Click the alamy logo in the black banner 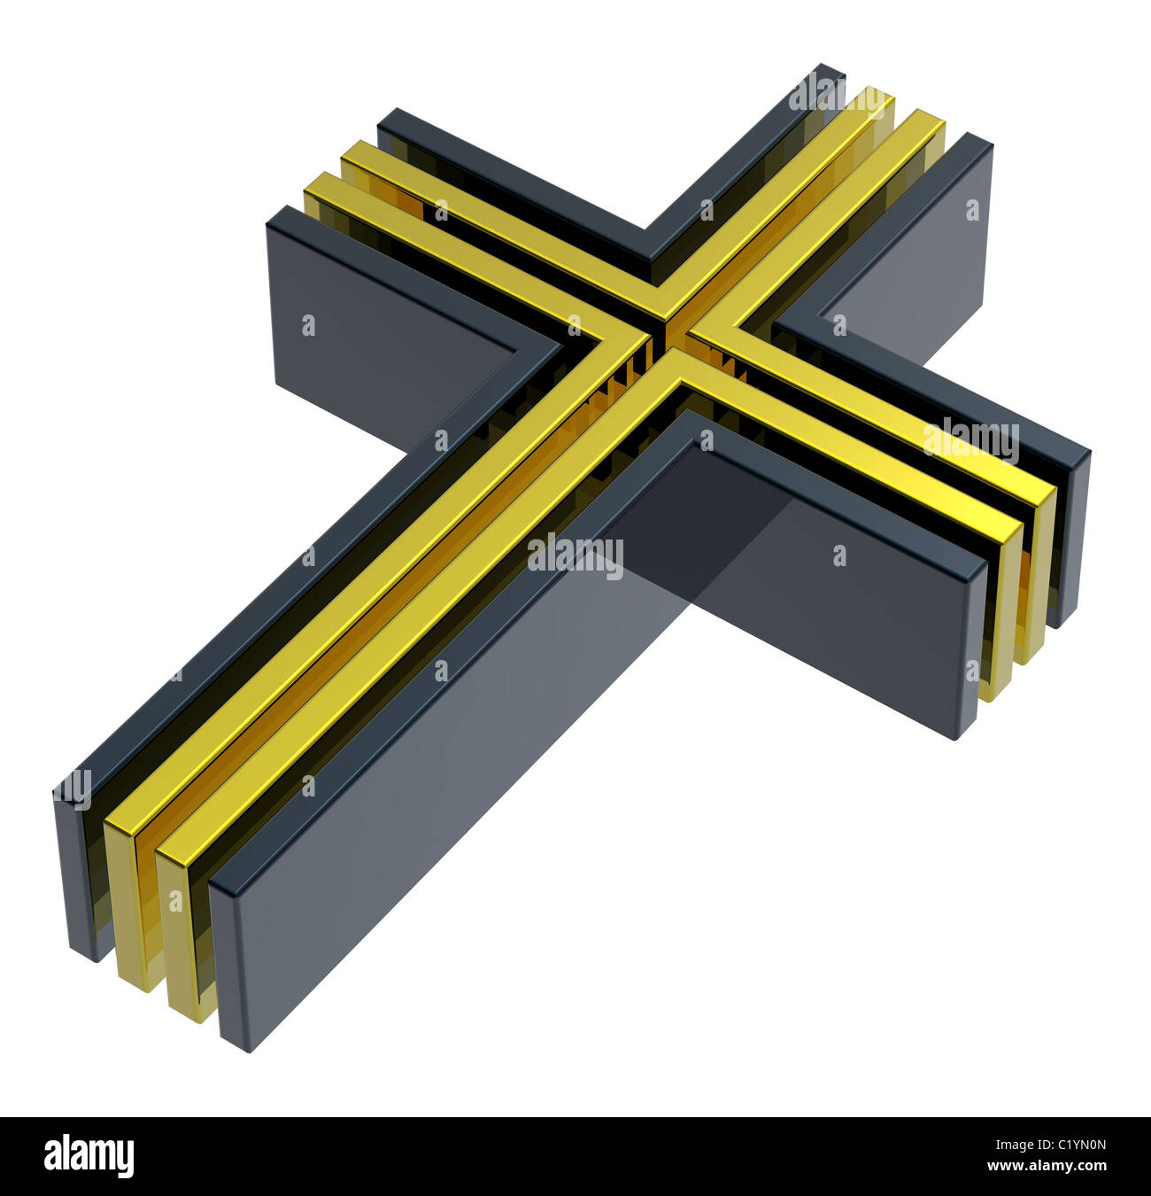coord(89,1156)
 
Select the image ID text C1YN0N coord(1065,1144)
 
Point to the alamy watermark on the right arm coord(970,439)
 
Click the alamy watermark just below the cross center coord(575,555)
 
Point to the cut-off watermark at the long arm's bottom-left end coord(73,788)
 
